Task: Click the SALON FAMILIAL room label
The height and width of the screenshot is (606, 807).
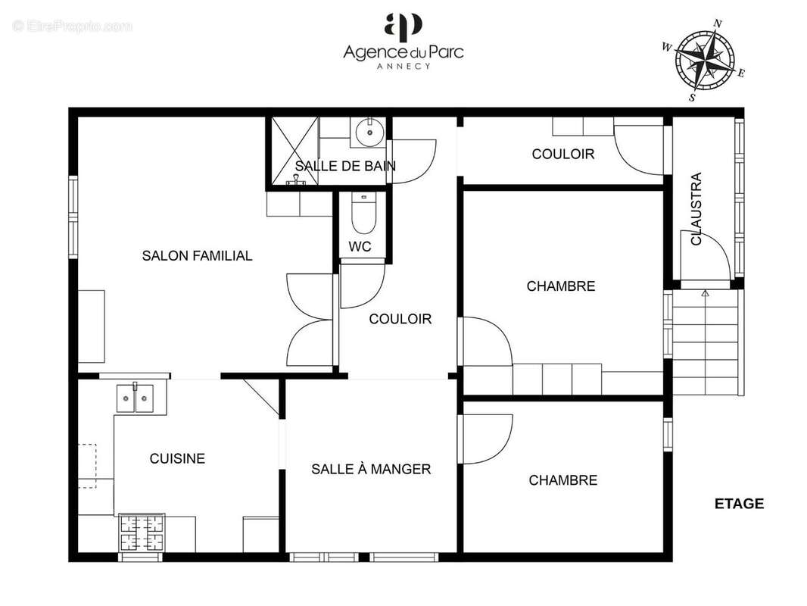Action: pos(197,256)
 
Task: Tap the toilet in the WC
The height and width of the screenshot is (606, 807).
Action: pos(364,214)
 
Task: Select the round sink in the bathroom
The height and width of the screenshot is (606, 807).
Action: pos(368,132)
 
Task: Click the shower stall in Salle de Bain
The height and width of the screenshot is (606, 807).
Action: pos(292,151)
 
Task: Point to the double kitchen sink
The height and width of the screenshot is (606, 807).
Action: pos(135,398)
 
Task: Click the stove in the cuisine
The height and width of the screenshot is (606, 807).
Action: pos(142,533)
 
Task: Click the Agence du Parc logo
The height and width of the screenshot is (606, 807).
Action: pos(403,27)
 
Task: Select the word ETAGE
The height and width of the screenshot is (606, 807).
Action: pos(739,504)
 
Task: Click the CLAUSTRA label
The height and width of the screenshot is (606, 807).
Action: pos(696,209)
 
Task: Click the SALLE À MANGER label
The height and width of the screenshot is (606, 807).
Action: pos(371,470)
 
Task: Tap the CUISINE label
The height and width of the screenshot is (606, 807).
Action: pos(177,458)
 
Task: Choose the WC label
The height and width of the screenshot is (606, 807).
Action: pos(360,247)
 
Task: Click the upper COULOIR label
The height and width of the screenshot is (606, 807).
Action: pos(562,155)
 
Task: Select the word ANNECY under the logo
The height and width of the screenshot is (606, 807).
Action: pos(403,66)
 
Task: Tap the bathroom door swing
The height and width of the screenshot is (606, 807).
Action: pos(413,161)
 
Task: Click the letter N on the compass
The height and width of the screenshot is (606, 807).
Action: pos(718,23)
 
